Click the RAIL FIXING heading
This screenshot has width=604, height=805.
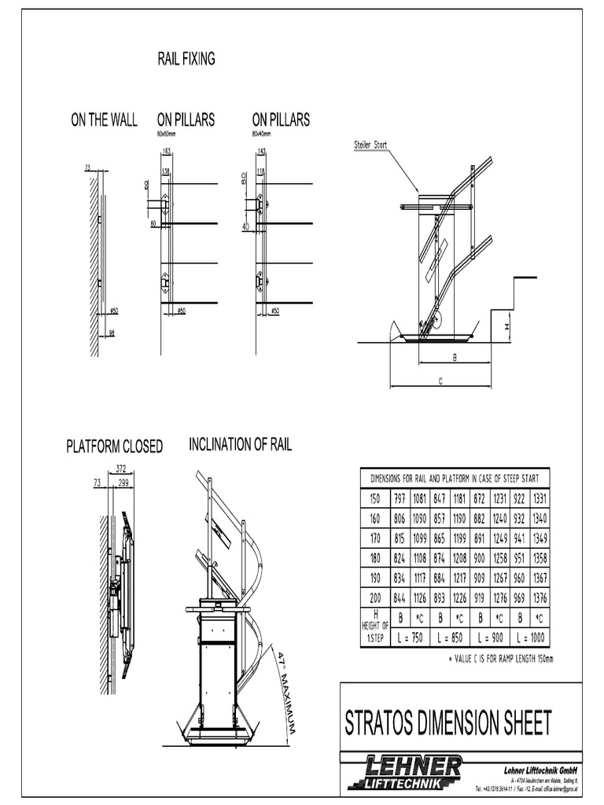[187, 59]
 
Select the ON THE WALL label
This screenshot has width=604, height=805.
[104, 120]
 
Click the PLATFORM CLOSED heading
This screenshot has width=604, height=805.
[114, 447]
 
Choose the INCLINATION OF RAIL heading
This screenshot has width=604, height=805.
[240, 445]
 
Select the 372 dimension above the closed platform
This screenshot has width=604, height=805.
[122, 469]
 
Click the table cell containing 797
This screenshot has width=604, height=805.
[400, 499]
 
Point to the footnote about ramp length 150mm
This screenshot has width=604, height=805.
[500, 658]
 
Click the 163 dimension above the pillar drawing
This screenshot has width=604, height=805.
[167, 150]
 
